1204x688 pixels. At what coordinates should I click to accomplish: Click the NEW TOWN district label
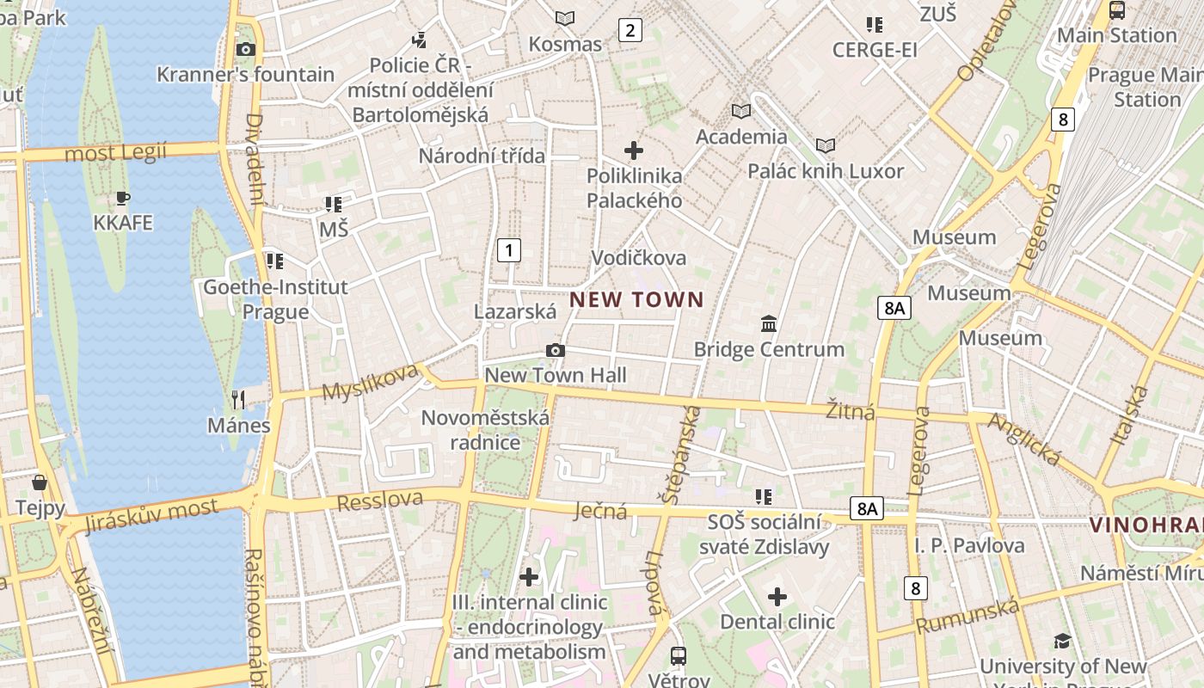click(x=636, y=300)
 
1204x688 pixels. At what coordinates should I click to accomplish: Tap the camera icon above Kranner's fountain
click(x=246, y=49)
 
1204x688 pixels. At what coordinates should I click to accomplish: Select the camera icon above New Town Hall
click(x=556, y=350)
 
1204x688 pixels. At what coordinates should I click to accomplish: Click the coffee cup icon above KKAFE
click(x=123, y=199)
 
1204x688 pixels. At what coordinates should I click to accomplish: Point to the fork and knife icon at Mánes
click(x=238, y=399)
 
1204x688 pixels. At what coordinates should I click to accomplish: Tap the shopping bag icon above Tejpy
click(x=40, y=482)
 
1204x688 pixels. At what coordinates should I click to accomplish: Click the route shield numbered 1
click(x=509, y=250)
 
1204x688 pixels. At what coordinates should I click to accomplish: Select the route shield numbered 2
click(x=630, y=31)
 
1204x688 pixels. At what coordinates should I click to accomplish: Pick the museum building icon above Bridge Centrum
click(x=769, y=324)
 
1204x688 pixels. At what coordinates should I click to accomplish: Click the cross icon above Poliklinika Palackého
click(x=634, y=150)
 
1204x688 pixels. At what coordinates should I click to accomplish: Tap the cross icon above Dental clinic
click(x=777, y=596)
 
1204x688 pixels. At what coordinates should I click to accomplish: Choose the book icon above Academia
click(x=740, y=111)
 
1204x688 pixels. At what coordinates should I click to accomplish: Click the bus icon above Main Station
click(x=1117, y=10)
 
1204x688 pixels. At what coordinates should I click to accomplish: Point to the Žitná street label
click(x=850, y=411)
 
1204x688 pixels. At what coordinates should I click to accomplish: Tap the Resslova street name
click(x=380, y=501)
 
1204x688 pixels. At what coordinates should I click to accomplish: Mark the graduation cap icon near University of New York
click(x=1063, y=641)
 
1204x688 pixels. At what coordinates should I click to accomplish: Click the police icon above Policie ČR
click(x=419, y=40)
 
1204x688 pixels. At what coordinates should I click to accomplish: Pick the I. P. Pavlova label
click(x=969, y=545)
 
